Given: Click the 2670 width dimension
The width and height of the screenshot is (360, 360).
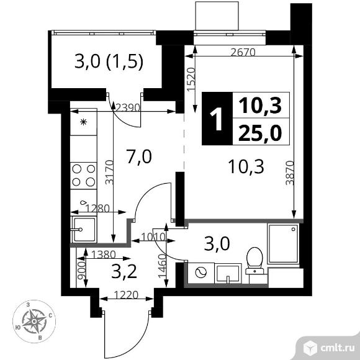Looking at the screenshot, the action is pyautogui.click(x=243, y=53).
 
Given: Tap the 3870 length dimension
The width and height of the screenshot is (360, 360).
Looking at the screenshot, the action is pyautogui.click(x=290, y=173).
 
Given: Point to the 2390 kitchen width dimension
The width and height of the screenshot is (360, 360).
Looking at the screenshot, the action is pyautogui.click(x=128, y=107).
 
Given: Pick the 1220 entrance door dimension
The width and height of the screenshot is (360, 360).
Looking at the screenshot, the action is pyautogui.click(x=126, y=295).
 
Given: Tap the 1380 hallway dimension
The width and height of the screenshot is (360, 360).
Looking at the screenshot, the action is pyautogui.click(x=103, y=254).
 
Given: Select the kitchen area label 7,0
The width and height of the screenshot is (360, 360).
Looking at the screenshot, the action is pyautogui.click(x=139, y=156).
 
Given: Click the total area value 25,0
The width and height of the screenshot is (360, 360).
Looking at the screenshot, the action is pyautogui.click(x=260, y=133).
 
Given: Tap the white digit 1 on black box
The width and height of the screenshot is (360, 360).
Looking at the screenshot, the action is pyautogui.click(x=217, y=119).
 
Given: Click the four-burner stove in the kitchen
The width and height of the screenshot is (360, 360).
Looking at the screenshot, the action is pyautogui.click(x=84, y=176).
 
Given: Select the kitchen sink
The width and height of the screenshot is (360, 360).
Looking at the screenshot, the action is pyautogui.click(x=84, y=230).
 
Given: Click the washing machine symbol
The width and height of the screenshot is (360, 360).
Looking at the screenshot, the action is pyautogui.click(x=201, y=272).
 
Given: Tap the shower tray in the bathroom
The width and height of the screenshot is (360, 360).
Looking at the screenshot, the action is pyautogui.click(x=283, y=243).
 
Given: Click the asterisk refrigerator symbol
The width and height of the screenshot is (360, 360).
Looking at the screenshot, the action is pyautogui.click(x=84, y=122).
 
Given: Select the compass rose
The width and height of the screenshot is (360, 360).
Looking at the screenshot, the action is pyautogui.click(x=34, y=321).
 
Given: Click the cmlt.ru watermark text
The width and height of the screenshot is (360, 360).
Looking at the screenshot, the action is pyautogui.click(x=337, y=349).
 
